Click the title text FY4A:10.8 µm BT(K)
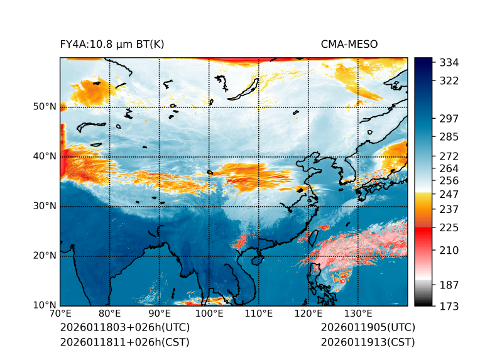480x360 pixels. (112, 44)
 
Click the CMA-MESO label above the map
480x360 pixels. (349, 44)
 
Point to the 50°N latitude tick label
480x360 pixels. (45, 107)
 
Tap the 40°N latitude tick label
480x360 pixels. (45, 156)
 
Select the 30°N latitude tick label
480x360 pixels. (45, 206)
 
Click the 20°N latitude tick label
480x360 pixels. (45, 256)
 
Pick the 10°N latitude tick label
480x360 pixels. (45, 305)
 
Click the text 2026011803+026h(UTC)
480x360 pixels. (124, 328)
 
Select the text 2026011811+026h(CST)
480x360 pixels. (124, 342)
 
